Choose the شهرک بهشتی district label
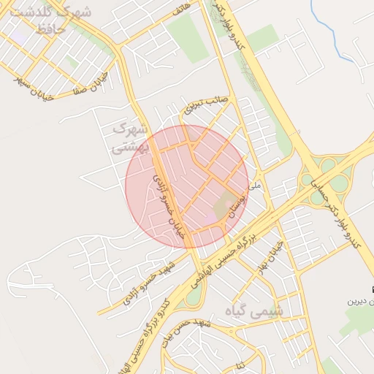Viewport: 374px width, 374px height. (x=130, y=137)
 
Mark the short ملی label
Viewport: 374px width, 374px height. (x=254, y=186)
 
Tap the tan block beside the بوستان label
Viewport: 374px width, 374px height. (x=224, y=205)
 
